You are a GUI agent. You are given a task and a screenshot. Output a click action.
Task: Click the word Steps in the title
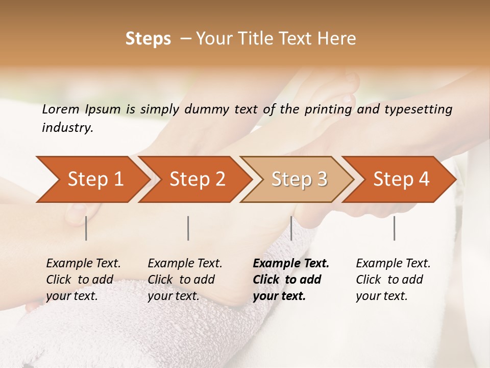(148, 39)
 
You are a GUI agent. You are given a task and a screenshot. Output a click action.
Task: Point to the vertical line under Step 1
(86, 228)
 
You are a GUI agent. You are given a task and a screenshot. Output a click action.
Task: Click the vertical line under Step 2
(188, 228)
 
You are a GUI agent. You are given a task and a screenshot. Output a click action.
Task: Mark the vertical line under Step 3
(291, 228)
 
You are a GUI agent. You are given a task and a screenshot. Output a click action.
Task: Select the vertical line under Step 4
(395, 228)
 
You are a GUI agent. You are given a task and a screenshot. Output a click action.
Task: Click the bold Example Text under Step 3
(291, 279)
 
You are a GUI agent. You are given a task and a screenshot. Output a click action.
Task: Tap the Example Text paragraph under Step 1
(83, 279)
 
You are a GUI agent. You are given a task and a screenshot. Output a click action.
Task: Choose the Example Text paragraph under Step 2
(185, 279)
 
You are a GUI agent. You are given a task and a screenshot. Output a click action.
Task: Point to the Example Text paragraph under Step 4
(393, 279)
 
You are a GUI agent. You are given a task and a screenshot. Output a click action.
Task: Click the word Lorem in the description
(61, 109)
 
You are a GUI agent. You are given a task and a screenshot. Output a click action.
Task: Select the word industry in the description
(67, 128)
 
